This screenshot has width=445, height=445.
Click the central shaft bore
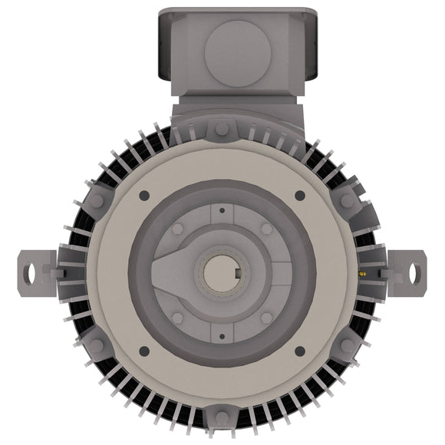pos(222,272)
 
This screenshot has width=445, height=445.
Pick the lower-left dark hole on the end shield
pos(143,351)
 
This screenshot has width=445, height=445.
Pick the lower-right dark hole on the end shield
pos(300,351)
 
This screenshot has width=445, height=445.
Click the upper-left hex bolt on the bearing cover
pos(178,229)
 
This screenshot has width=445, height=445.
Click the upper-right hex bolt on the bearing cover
pos(266,229)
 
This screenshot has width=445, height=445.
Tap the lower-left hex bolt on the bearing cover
pos(178,317)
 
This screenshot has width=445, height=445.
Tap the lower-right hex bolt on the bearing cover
pos(266,317)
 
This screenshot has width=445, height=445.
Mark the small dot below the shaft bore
pos(222,335)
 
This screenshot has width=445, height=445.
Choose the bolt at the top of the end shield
pos(222,127)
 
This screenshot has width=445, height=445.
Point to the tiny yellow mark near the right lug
pos(363,272)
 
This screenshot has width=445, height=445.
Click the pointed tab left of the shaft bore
pos(163,272)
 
